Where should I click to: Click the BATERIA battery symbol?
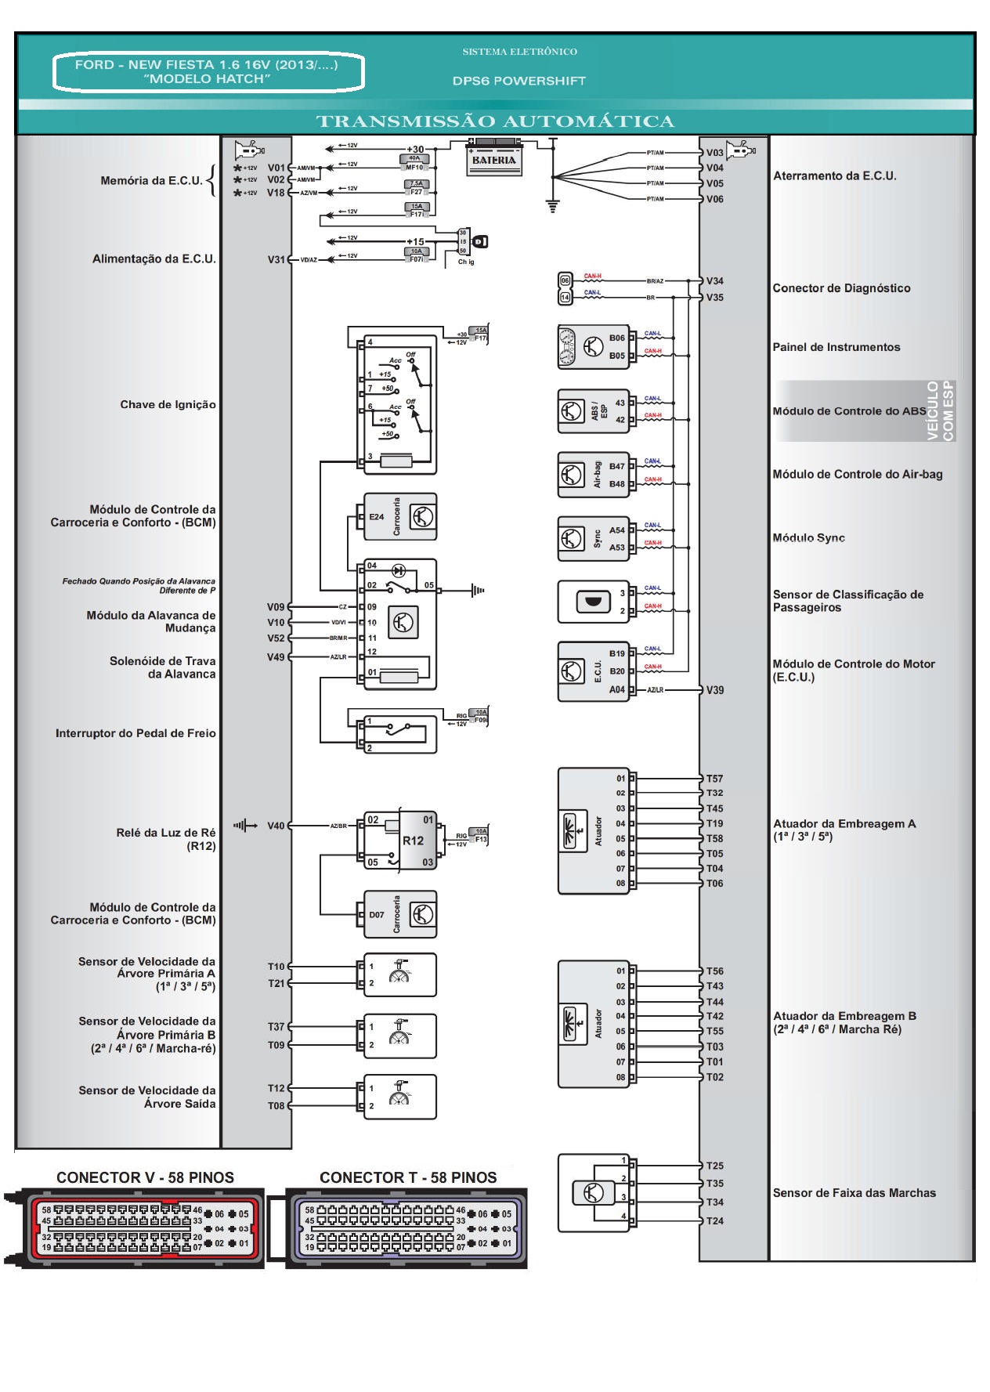493,159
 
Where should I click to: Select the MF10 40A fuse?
414,163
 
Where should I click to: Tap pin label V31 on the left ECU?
276,259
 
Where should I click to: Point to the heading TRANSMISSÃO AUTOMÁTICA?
495,121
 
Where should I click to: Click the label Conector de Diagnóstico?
841,288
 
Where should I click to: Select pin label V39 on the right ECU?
714,690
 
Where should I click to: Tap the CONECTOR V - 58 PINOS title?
145,1177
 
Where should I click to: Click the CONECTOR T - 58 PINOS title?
408,1177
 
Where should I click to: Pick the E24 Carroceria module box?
400,517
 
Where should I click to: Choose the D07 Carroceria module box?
400,914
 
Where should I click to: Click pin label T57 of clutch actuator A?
714,779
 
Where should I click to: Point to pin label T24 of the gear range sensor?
714,1220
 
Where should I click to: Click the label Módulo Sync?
808,538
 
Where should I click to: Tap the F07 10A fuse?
416,255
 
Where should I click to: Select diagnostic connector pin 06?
565,280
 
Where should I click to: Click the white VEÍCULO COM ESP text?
940,410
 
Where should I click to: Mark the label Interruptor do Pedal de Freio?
135,733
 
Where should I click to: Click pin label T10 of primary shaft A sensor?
276,967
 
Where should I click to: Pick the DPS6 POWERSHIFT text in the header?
518,81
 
